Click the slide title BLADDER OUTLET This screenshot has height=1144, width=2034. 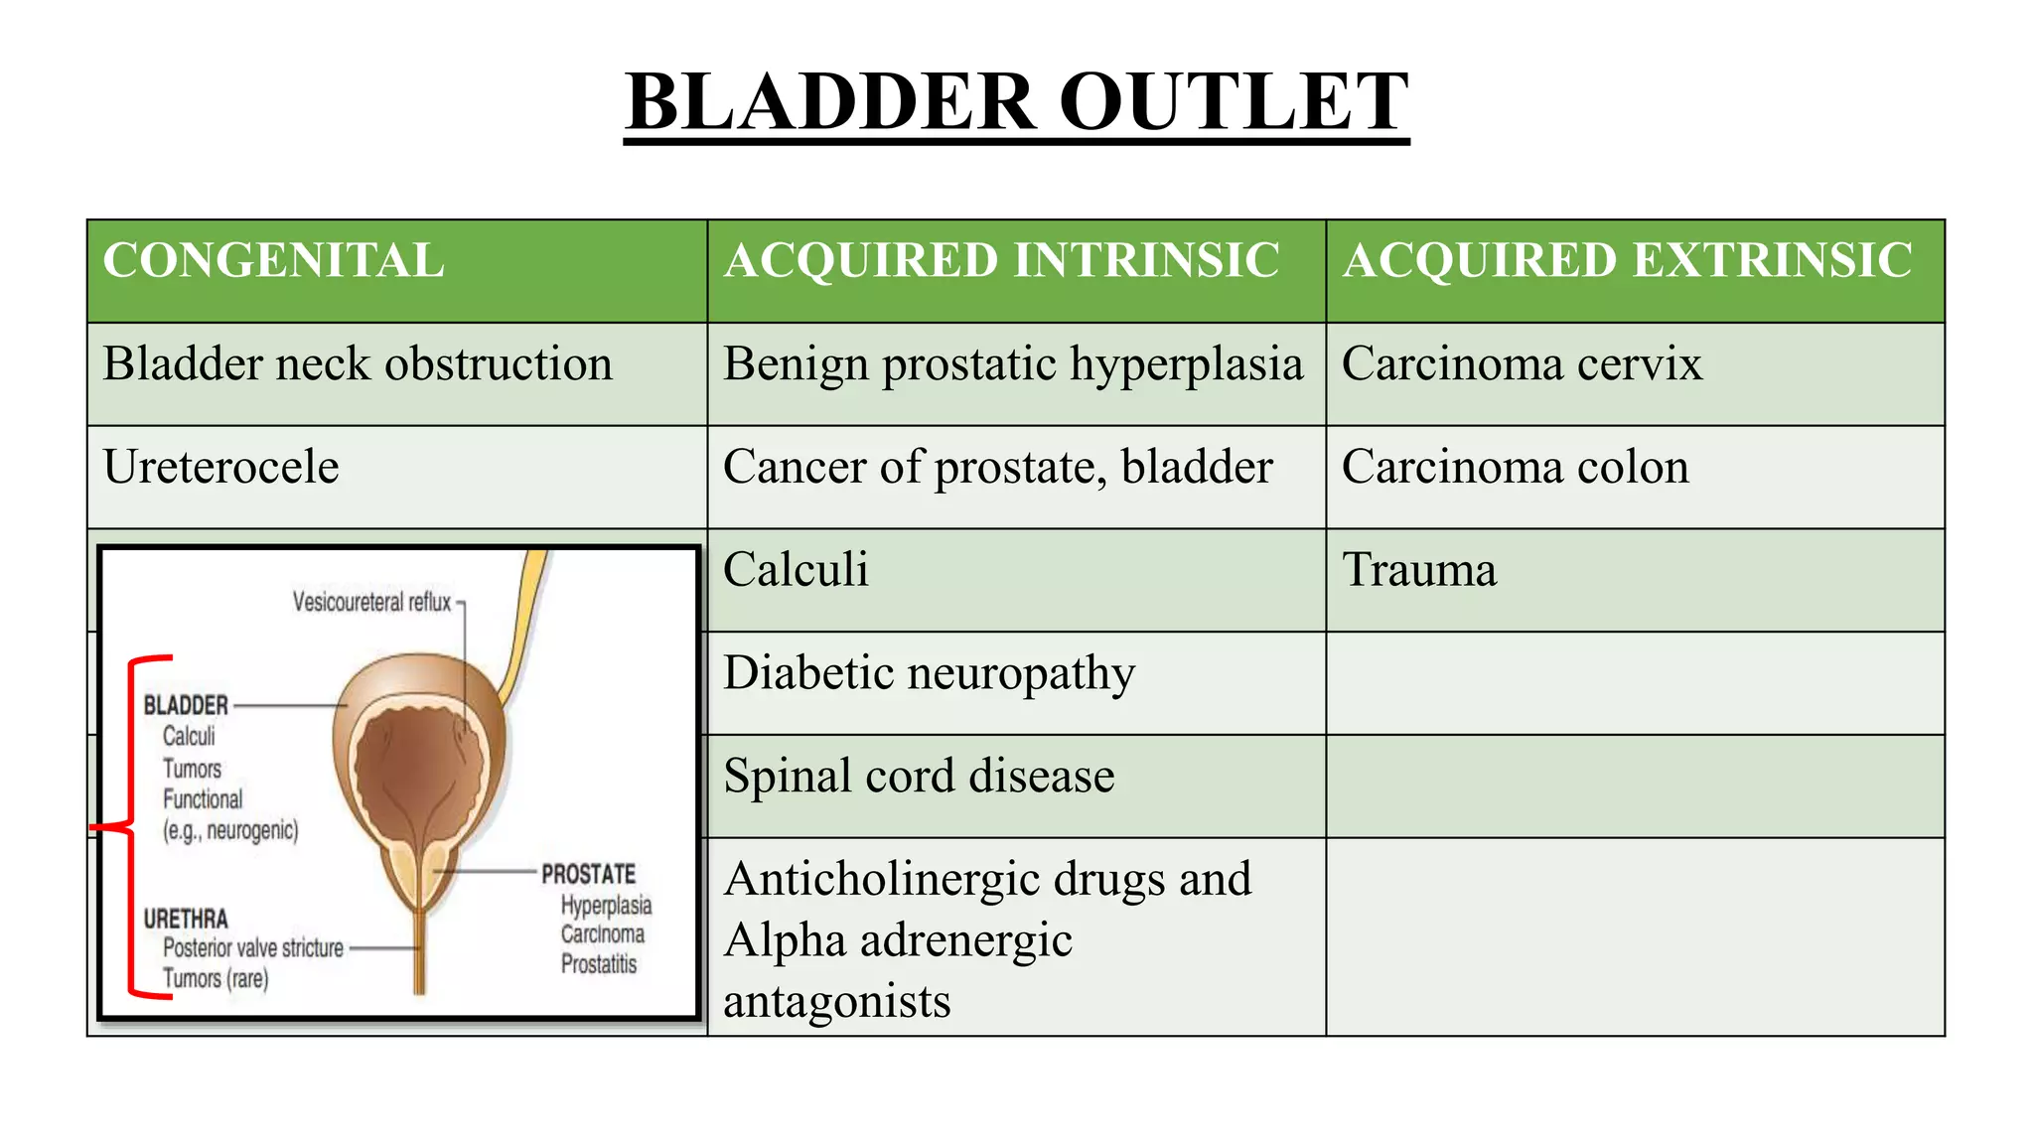coord(1016,102)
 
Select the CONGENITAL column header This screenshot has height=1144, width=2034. coord(273,261)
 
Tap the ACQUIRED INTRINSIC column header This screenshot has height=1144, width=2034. coord(1000,261)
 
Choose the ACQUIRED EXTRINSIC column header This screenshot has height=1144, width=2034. coord(1627,261)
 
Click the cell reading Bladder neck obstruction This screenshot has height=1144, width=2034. coord(358,364)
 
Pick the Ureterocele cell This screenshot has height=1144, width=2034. coord(220,467)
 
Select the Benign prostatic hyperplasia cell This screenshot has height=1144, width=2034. coord(1012,364)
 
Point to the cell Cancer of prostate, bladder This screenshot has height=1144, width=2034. coord(997,467)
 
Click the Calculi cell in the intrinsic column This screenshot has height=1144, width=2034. coord(796,570)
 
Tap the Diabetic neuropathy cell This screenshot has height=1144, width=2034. coord(929,673)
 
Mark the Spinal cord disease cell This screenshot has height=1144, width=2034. coord(919,777)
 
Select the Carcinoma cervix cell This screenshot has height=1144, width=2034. coord(1522,364)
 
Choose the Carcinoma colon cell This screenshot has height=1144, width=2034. coord(1515,467)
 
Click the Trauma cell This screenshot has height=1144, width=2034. coord(1419,570)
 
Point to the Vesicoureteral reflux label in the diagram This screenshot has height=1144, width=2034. coord(371,603)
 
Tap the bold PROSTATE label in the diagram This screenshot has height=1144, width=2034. coord(588,875)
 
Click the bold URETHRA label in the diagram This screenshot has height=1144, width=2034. coord(186,920)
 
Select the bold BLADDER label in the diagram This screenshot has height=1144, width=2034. coord(186,706)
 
